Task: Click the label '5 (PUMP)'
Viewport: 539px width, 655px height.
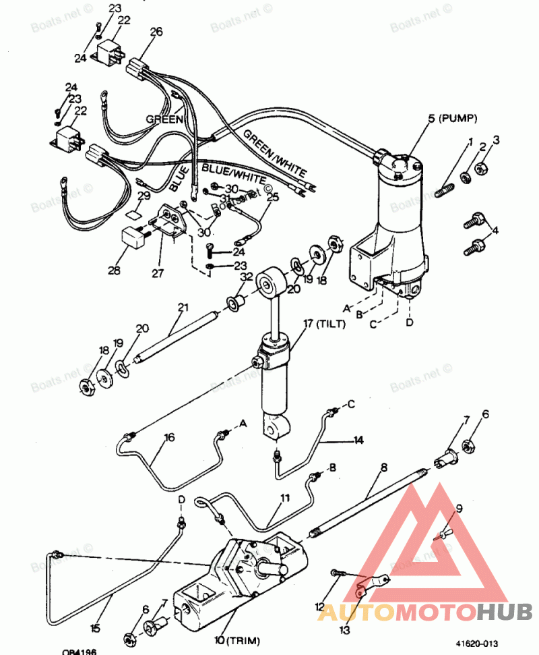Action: click(x=452, y=119)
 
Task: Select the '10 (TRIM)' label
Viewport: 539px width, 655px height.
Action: click(x=236, y=639)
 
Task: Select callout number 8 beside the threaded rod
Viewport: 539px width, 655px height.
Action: click(x=384, y=467)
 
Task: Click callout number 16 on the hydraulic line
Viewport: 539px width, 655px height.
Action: click(x=169, y=437)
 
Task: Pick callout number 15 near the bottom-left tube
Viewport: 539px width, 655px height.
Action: click(x=95, y=628)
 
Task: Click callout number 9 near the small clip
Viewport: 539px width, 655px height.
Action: click(x=459, y=509)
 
